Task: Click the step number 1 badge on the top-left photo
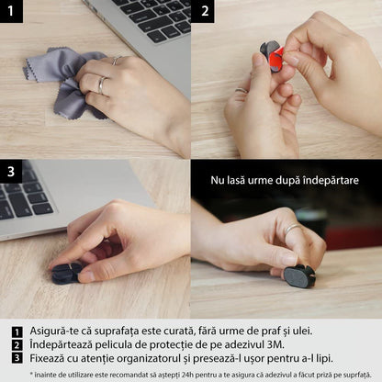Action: (x=11, y=12)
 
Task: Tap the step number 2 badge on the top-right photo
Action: (x=204, y=12)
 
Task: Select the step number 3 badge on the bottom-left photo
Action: (x=11, y=171)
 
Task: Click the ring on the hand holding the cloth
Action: (x=101, y=84)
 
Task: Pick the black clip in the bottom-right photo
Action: (x=299, y=275)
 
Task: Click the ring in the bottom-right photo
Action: (x=290, y=230)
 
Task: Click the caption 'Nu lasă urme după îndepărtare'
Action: (x=284, y=179)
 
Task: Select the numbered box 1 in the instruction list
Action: (x=17, y=332)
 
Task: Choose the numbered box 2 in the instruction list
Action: (x=17, y=346)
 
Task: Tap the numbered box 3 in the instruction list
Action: (x=17, y=359)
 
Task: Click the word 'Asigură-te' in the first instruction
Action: (x=54, y=332)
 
